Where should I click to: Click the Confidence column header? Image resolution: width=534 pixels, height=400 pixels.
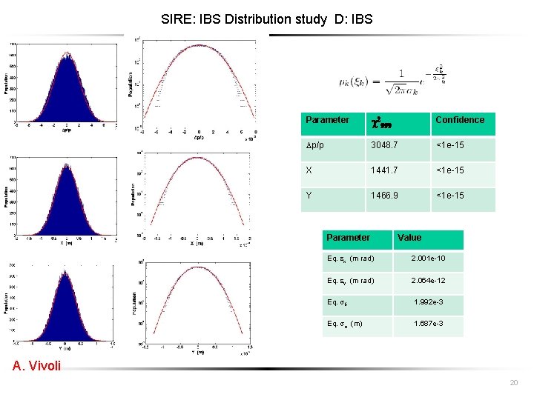pos(460,120)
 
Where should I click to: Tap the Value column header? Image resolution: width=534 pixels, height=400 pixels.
pos(409,238)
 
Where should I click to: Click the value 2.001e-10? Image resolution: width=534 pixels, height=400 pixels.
pos(428,259)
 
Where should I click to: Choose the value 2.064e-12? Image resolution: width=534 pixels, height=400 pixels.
pos(428,281)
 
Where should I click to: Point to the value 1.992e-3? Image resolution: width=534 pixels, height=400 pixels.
pos(428,302)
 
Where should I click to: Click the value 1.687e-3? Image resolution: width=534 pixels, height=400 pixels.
pos(428,324)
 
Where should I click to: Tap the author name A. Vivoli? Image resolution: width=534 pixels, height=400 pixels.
pos(36,365)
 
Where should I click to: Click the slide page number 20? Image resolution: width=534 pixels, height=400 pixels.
pos(514,382)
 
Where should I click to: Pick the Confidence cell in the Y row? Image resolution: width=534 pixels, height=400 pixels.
pos(451,196)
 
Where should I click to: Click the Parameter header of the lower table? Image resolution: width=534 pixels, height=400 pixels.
pos(348,238)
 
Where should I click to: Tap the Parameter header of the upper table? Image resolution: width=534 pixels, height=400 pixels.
pos(327,120)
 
